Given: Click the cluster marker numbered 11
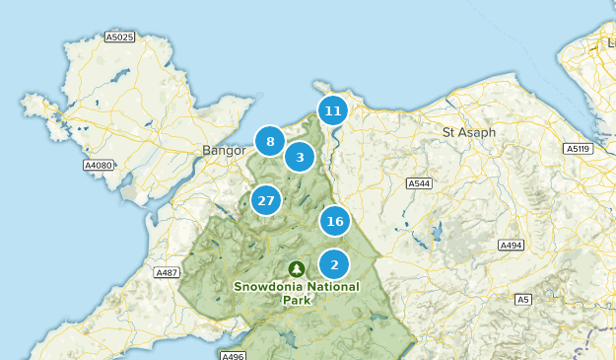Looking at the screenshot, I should [x=333, y=110].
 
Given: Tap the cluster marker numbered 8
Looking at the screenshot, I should [x=270, y=142].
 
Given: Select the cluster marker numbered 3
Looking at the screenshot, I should [x=301, y=157].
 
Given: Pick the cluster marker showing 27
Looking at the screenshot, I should [x=265, y=201].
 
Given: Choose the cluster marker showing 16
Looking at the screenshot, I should [x=335, y=221].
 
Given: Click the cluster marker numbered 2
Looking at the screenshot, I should [x=334, y=264].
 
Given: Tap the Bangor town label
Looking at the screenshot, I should [x=223, y=151].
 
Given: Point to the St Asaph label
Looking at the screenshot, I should [x=469, y=132].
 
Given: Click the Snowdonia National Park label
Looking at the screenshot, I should [x=297, y=293].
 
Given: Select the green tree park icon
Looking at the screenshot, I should [x=297, y=268].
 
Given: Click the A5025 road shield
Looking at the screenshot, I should [x=118, y=36].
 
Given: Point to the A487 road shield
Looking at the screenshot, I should [x=166, y=272].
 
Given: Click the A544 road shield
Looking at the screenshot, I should [x=420, y=183].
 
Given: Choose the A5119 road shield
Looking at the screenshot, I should [x=578, y=149].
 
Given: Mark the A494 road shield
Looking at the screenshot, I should [x=511, y=246].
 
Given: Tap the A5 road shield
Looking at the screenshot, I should [x=522, y=299].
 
